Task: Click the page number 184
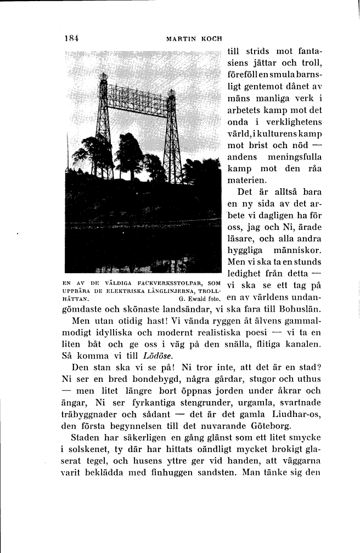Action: point(71,38)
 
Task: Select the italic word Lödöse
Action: point(150,356)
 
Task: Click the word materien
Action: point(247,180)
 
